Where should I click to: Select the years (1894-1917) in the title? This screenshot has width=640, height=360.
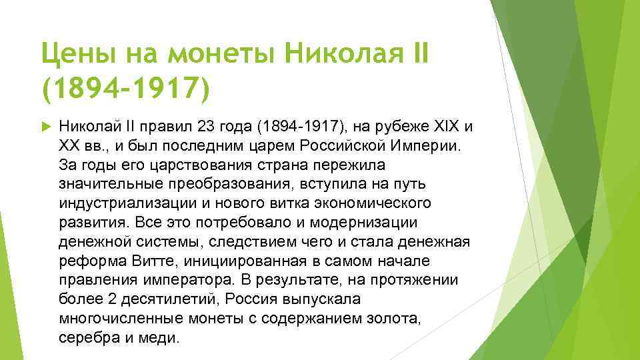click(x=125, y=89)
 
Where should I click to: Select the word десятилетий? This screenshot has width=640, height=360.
click(x=145, y=299)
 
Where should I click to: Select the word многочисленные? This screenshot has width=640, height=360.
click(x=112, y=318)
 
